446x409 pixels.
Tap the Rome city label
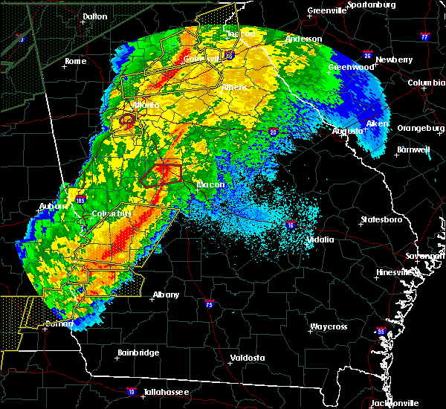point(76,61)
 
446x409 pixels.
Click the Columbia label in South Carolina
point(426,83)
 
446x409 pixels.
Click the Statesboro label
point(381,220)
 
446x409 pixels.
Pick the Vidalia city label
point(322,239)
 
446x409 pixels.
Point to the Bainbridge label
point(138,352)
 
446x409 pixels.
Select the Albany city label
point(167,294)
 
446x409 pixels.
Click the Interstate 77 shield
point(424,36)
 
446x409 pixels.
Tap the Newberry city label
point(394,59)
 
